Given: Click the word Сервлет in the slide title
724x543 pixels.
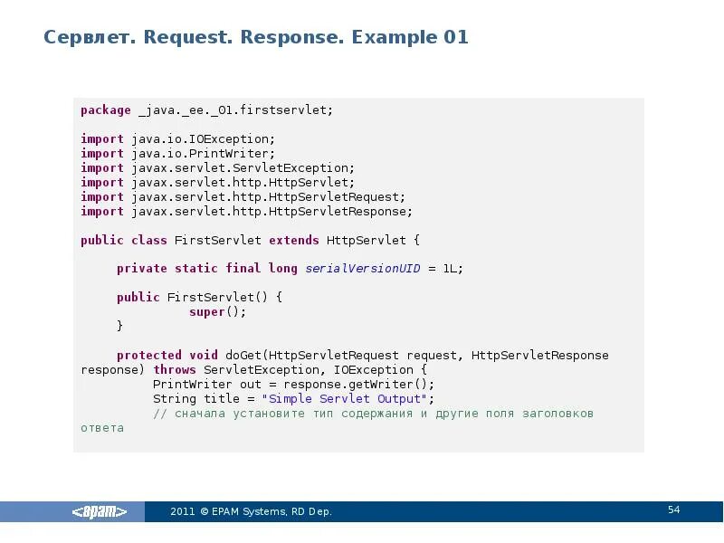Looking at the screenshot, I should point(82,38).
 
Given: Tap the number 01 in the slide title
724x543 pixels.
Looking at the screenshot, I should point(455,38).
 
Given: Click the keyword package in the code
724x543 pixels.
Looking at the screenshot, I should point(106,110).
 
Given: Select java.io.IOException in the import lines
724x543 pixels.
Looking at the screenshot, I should point(203,139).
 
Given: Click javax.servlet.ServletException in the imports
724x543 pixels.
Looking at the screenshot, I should point(243,168).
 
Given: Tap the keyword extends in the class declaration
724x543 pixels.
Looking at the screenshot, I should point(293,241).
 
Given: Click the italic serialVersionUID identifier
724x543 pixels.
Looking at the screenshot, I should point(363,269).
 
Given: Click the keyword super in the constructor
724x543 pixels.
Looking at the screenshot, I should point(207,311).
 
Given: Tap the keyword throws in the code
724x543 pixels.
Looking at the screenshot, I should point(175,370).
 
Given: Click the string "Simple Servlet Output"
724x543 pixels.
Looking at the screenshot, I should point(344,399).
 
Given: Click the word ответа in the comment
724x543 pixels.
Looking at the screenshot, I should point(102,428).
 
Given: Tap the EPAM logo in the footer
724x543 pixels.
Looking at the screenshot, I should point(100,511).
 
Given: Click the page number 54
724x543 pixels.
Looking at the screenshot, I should point(674,510).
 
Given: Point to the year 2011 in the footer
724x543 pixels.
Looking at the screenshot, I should point(183,512).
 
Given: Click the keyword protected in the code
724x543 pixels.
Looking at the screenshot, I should point(149,356).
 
